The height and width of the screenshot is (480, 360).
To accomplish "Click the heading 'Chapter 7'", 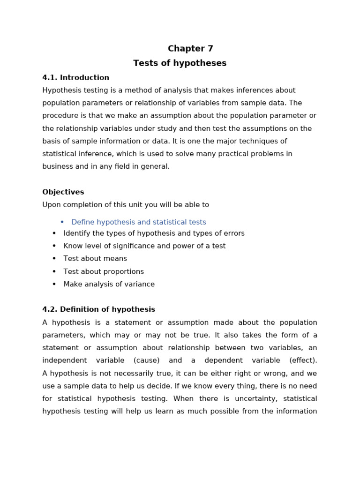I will (x=190, y=49).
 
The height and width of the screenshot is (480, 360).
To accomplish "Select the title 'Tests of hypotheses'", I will (x=180, y=63).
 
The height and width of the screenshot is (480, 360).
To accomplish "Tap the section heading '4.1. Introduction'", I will (x=75, y=78).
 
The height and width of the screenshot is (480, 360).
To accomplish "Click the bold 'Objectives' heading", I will (x=63, y=192).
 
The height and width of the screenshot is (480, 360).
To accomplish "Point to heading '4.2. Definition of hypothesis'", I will (x=98, y=310).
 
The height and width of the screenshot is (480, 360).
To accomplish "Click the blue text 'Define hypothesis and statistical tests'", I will (x=138, y=222).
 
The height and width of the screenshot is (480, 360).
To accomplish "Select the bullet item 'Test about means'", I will (x=95, y=259).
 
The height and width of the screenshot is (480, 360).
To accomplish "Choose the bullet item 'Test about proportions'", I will (x=104, y=271).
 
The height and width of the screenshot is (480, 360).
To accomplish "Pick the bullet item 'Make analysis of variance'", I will (x=109, y=284).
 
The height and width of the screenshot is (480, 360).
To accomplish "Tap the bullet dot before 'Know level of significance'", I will (x=54, y=246).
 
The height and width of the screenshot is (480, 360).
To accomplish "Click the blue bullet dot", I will (x=62, y=222).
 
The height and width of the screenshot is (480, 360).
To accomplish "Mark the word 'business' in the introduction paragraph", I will (x=57, y=166).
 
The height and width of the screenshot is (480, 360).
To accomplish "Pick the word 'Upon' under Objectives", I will (x=51, y=205).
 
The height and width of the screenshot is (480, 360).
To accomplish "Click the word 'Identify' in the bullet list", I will (x=75, y=233).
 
